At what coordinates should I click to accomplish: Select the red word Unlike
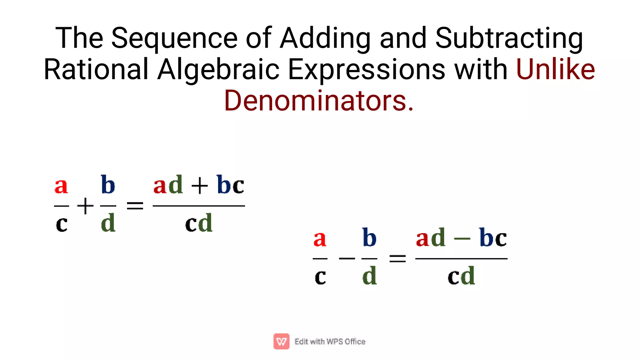click(x=555, y=69)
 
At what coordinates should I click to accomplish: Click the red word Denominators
click(x=319, y=101)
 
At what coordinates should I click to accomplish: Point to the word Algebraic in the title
click(x=218, y=69)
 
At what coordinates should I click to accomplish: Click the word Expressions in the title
click(x=366, y=69)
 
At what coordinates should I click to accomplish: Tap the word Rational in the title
click(x=96, y=69)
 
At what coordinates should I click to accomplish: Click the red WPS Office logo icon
click(x=281, y=341)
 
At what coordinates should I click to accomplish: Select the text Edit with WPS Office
click(x=330, y=342)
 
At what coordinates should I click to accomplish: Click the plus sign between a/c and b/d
click(x=85, y=206)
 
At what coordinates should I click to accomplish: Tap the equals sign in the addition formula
click(x=135, y=206)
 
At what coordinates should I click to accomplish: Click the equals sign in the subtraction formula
click(x=398, y=259)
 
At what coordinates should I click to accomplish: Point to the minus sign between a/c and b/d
click(x=347, y=259)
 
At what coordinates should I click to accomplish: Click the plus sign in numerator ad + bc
click(x=199, y=186)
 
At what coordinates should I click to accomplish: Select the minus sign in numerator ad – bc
click(x=462, y=239)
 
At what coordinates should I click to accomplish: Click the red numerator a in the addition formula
click(x=61, y=186)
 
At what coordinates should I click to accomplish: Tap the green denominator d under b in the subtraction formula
click(x=369, y=276)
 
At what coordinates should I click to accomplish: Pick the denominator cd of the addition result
click(x=199, y=223)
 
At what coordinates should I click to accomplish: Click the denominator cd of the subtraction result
click(x=461, y=276)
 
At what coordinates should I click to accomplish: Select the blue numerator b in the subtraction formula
click(x=369, y=238)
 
